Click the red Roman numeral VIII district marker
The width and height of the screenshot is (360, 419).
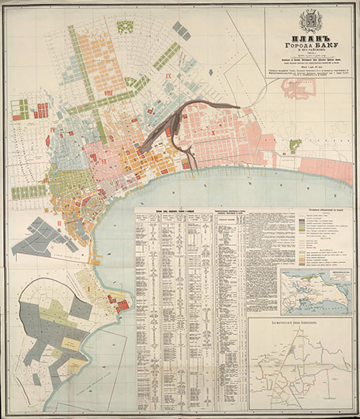[108, 116]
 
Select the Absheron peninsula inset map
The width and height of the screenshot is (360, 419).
[317, 291]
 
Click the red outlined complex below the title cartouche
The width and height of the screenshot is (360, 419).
[299, 87]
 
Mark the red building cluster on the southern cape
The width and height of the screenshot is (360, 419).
[121, 306]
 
